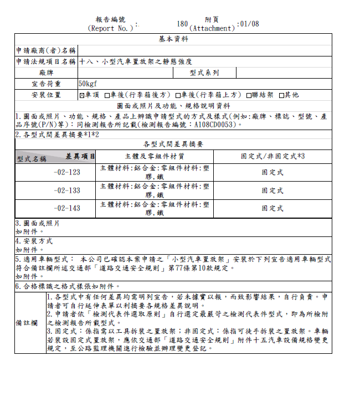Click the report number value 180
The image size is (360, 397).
coord(183,24)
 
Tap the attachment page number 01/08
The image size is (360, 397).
coord(249,24)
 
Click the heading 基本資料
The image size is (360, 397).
coord(173,39)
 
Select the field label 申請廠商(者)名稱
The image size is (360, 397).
coord(46,51)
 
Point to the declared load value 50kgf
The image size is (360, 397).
coord(88,84)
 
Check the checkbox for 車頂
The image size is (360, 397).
coord(82,95)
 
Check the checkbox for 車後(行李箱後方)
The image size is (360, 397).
coord(108,95)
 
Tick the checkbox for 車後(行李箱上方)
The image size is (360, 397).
coord(178,95)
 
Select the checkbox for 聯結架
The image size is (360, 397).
coord(249,95)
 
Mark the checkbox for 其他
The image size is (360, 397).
coord(281,95)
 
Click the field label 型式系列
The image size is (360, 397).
coord(204,73)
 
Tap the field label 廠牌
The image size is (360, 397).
coord(46,73)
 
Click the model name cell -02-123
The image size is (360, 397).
coord(66,172)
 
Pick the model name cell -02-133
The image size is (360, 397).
coord(66,190)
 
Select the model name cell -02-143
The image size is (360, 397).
coord(66,209)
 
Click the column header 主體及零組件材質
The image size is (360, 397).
coord(155,156)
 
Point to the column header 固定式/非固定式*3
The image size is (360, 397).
coord(272,156)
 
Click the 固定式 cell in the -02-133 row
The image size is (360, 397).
coord(272,190)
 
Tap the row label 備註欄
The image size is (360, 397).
coord(30,322)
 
